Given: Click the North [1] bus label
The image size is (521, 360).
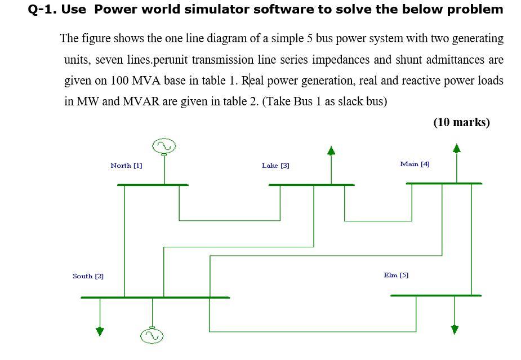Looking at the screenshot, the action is [126, 166].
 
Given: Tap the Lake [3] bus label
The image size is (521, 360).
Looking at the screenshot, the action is [275, 166].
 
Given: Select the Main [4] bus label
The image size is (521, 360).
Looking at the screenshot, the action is [415, 164].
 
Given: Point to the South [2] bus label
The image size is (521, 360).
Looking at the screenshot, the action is [88, 276].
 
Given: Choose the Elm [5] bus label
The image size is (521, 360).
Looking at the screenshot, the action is [396, 275].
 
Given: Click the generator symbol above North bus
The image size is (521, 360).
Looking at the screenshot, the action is [164, 146].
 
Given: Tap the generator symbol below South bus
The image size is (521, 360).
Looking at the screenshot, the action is [152, 336].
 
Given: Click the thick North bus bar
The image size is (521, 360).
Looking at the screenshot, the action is [153, 185].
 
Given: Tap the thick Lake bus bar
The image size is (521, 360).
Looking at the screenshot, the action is [311, 185].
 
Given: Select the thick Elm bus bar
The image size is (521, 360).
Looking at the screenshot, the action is [436, 295].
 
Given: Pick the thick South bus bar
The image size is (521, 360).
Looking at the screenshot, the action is [155, 297].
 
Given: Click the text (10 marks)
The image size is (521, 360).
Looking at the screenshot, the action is [461, 122].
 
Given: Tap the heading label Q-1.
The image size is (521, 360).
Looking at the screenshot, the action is [41, 10].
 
